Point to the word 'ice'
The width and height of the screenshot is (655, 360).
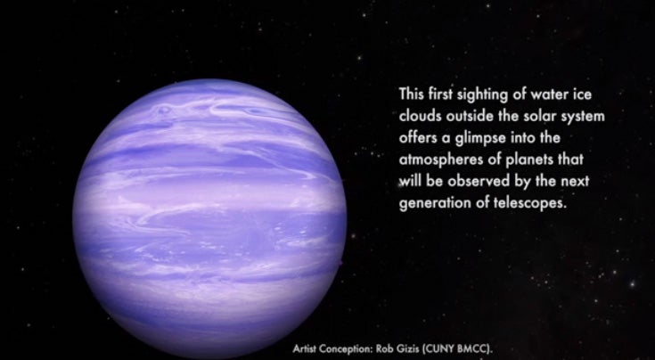click(x=582, y=94)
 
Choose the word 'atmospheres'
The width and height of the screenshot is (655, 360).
click(x=441, y=160)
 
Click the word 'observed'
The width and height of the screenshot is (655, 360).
click(x=479, y=181)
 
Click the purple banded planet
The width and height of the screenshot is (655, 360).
click(x=209, y=218)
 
